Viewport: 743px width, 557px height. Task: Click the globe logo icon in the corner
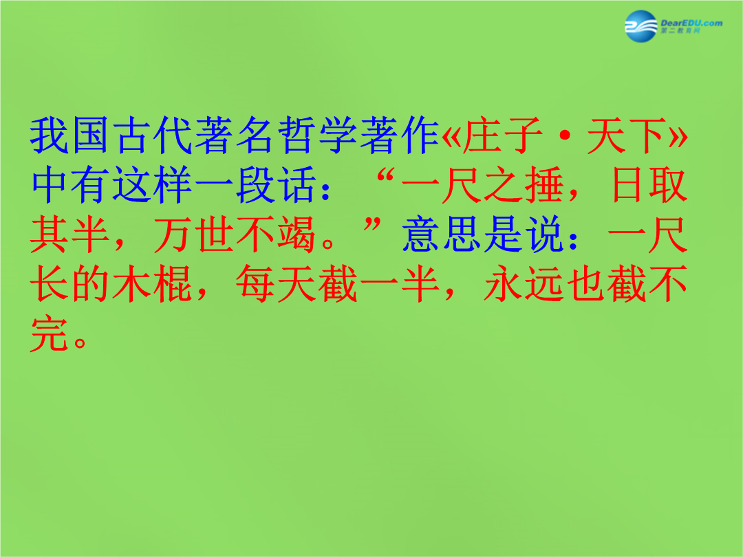coord(640,26)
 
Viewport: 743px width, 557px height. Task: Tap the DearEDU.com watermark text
coord(691,23)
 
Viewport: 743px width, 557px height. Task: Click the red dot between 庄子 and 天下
coord(565,136)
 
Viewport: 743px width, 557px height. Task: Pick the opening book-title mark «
coord(451,136)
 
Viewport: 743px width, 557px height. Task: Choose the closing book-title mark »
coord(678,136)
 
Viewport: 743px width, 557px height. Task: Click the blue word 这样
coord(153,185)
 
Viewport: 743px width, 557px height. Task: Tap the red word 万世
coord(194,234)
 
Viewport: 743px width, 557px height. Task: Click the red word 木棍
coord(153,284)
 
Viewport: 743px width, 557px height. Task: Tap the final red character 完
coord(50,334)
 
